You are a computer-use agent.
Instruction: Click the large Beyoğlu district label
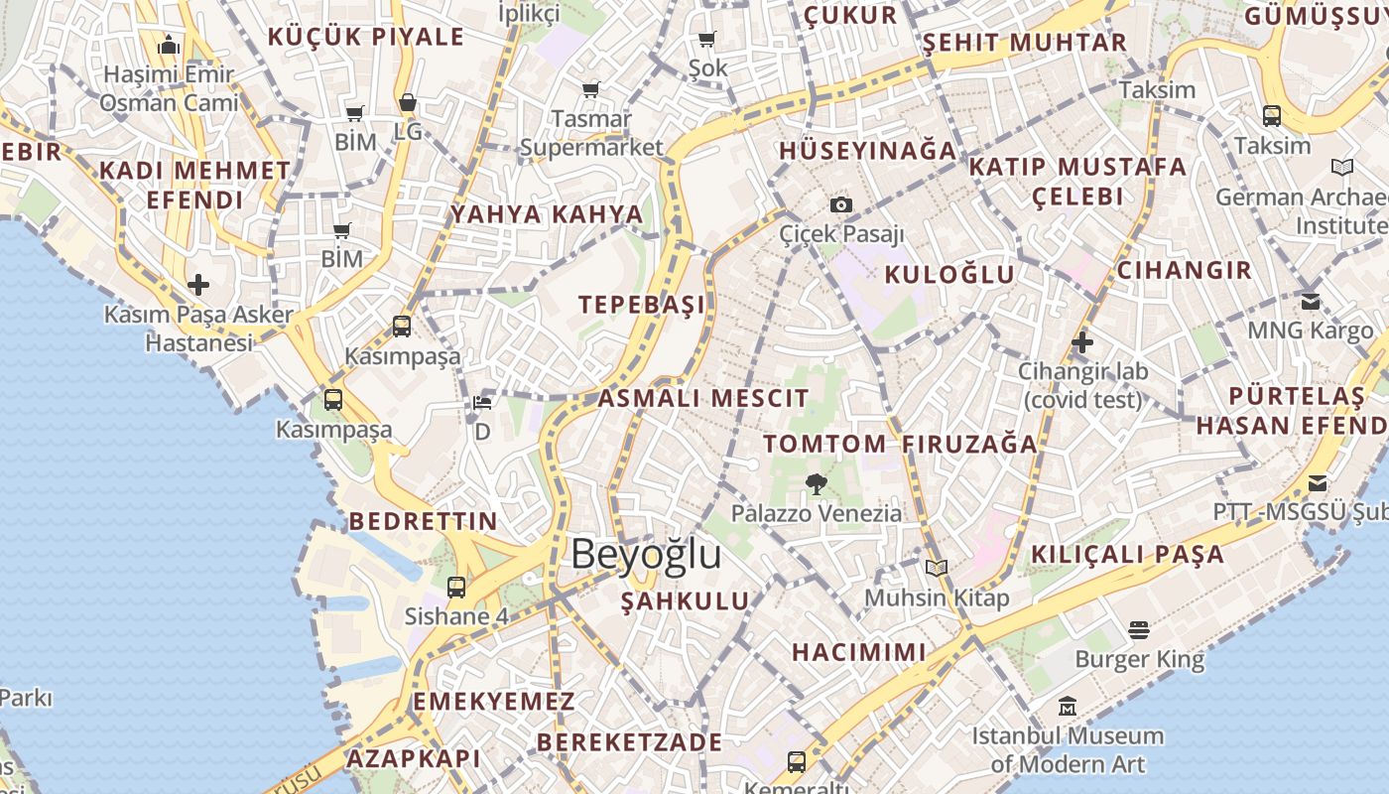[x=646, y=554]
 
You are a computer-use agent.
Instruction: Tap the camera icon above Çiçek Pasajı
[x=841, y=204]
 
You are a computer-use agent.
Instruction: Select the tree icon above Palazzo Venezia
[x=817, y=484]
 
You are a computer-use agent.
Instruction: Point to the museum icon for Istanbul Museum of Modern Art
[x=1068, y=707]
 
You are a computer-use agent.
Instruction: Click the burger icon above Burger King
[x=1139, y=630]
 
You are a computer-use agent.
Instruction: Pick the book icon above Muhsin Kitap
[x=937, y=569]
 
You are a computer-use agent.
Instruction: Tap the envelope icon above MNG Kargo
[x=1311, y=301]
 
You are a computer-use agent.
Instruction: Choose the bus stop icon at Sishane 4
[x=456, y=587]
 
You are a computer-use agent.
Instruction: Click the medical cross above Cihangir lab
[x=1082, y=342]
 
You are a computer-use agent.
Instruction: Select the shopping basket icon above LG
[x=408, y=102]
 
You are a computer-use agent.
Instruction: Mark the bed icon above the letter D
[x=482, y=403]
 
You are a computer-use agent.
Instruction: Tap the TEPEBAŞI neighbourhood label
[x=642, y=305]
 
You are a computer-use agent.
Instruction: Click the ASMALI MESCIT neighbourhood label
[x=703, y=399]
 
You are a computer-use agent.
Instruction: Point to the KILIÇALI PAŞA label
[x=1128, y=555]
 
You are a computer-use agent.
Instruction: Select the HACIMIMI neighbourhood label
[x=859, y=652]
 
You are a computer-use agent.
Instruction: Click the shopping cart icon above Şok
[x=707, y=40]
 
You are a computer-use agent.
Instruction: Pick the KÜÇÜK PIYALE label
[x=366, y=38]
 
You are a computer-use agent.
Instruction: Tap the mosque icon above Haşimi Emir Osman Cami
[x=168, y=46]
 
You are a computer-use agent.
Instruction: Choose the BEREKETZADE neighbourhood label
[x=630, y=742]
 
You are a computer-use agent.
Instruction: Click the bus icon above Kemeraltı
[x=796, y=761]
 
